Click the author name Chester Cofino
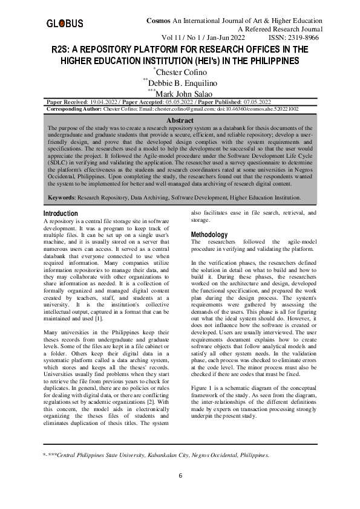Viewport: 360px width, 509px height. pos(182,73)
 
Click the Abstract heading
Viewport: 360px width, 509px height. pos(180,122)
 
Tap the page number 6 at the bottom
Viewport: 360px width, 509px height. pos(180,475)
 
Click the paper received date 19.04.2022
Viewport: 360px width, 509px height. pos(104,102)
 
